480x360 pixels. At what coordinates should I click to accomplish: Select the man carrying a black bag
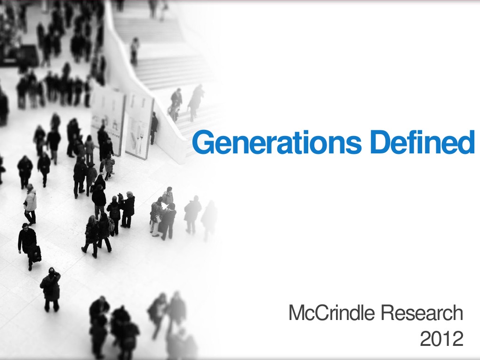[x=28, y=245]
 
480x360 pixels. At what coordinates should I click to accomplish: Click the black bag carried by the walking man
[x=35, y=254]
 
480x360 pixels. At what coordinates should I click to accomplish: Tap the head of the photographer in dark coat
[x=51, y=272]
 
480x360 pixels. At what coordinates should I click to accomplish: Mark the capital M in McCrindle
[x=296, y=313]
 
